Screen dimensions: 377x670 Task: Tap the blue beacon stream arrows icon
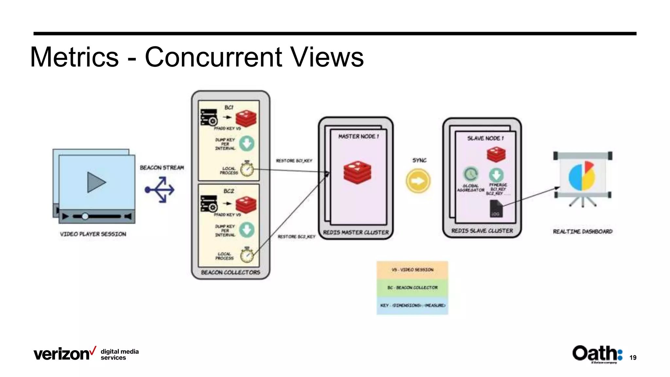(x=160, y=189)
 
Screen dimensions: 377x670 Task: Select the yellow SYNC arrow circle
(x=418, y=181)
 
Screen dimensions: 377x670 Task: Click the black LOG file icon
(x=496, y=208)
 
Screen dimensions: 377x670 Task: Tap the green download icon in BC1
(x=247, y=143)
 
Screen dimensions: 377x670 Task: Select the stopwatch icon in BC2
(x=247, y=255)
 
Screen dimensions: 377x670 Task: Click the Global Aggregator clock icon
(x=470, y=174)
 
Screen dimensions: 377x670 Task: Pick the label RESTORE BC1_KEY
(x=294, y=161)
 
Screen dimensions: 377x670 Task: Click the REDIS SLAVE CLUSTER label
(x=482, y=231)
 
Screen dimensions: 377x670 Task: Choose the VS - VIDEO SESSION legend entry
(x=412, y=270)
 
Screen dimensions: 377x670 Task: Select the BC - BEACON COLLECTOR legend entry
(x=412, y=287)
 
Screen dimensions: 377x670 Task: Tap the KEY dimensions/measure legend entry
(x=412, y=305)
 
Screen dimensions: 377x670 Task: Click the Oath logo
(x=597, y=353)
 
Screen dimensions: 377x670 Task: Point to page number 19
(x=633, y=358)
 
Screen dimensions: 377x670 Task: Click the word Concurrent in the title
(x=214, y=57)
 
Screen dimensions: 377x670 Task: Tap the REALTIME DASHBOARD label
(x=582, y=231)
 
